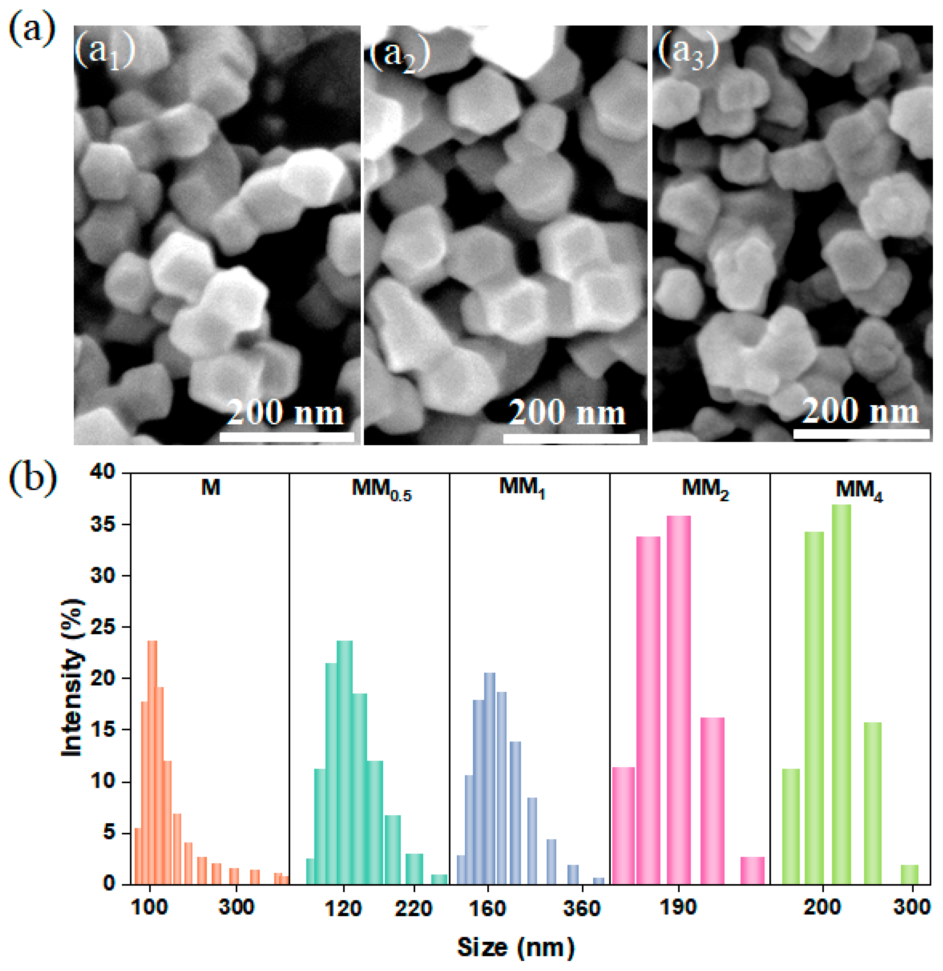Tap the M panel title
pos(211,488)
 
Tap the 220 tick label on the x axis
pos(413,909)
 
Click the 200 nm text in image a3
pos(860,411)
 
